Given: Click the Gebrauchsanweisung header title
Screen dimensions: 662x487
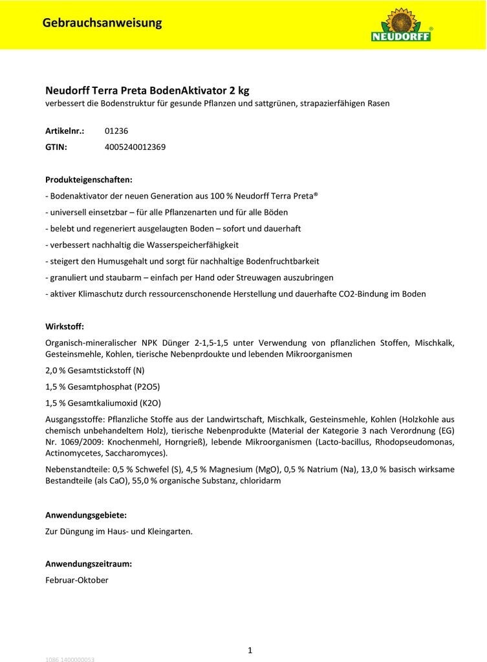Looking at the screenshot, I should (102, 23).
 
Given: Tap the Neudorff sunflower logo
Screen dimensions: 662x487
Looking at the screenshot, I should (401, 25).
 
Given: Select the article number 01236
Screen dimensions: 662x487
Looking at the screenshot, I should (116, 131).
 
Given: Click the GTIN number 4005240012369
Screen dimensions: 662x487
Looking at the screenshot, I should (135, 147).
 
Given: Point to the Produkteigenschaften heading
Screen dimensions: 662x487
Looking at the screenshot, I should (89, 179).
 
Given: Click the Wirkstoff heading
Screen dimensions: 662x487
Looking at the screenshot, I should (65, 326).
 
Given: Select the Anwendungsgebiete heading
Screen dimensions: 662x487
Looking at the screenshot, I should (86, 515).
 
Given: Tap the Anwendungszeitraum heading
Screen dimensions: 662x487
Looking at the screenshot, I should (89, 564).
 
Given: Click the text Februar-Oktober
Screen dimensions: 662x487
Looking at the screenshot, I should (77, 580).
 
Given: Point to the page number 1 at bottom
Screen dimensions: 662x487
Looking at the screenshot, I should (250, 650).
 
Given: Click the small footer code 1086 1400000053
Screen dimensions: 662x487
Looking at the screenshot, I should (70, 659).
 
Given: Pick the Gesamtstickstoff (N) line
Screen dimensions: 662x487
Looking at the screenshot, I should (95, 370).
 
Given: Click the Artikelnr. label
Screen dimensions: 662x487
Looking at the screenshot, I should (65, 131).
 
